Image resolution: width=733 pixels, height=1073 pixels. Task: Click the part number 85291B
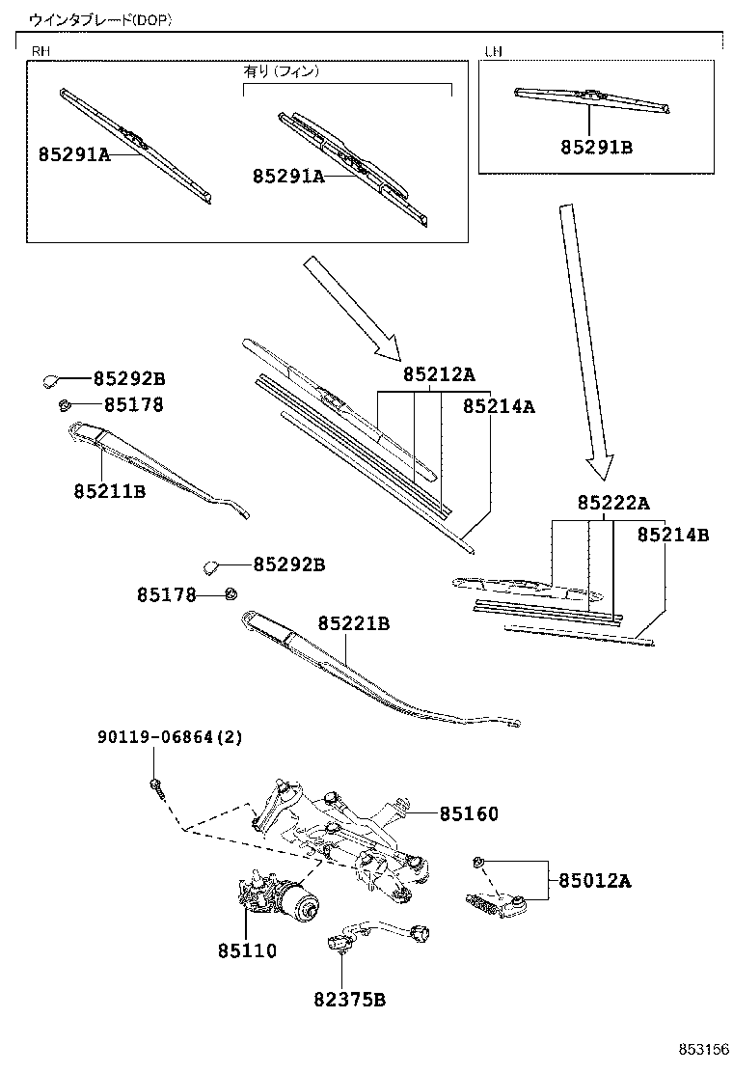(597, 148)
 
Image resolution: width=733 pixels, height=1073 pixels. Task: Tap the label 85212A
(439, 374)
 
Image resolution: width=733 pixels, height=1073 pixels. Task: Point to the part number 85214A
(499, 406)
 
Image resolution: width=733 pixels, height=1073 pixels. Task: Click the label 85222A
(613, 503)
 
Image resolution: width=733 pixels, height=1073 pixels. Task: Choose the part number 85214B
(673, 535)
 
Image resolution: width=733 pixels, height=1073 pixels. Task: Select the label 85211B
(109, 490)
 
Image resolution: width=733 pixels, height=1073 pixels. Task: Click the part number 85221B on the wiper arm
(353, 624)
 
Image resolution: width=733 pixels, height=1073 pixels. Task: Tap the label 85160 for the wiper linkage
(470, 814)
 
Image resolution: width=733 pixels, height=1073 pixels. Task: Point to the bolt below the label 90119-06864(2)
(157, 786)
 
